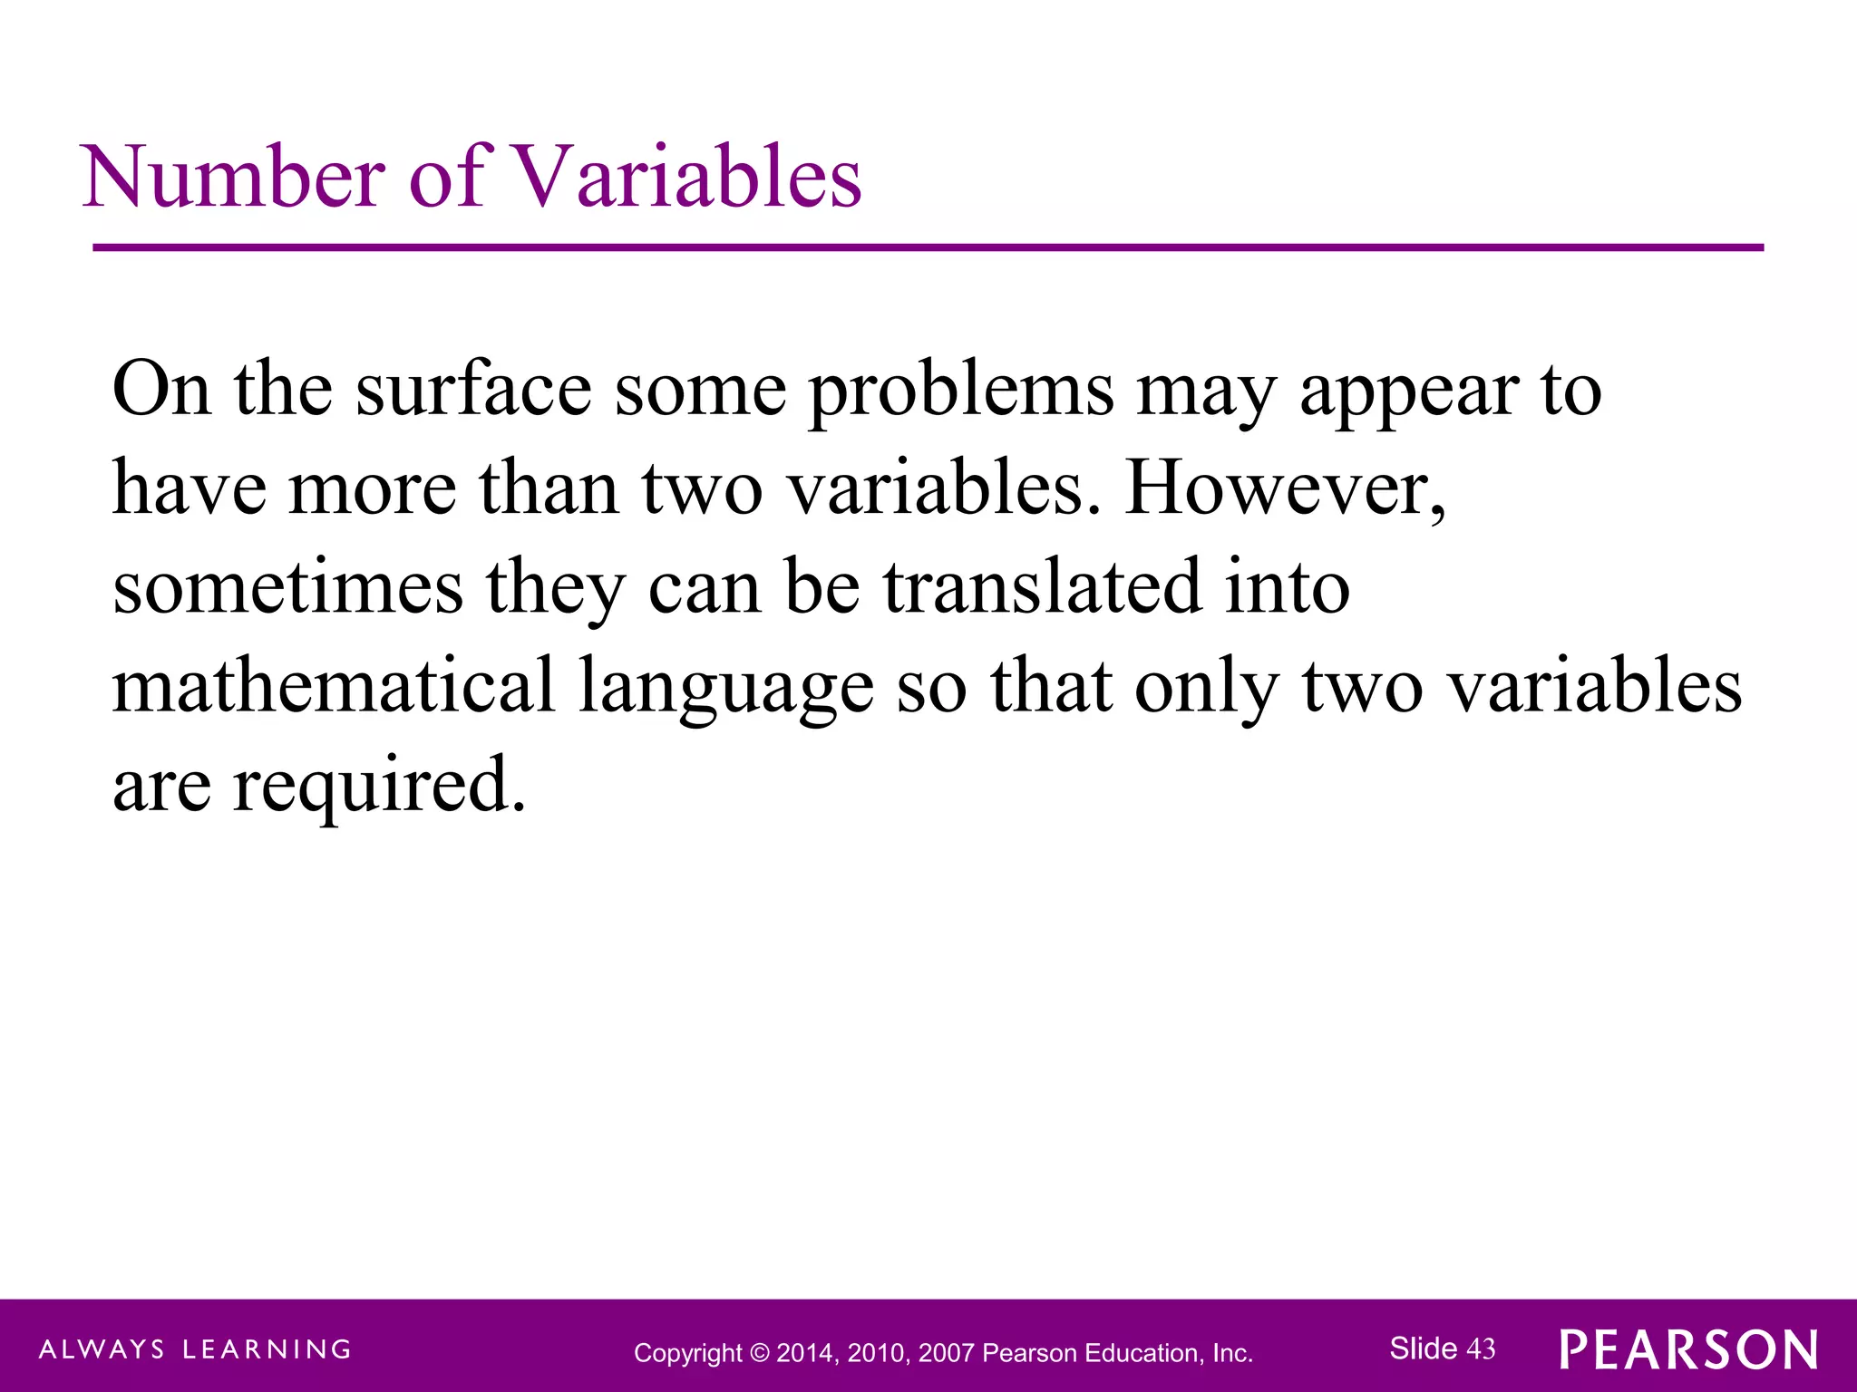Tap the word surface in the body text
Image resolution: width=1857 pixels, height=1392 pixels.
pyautogui.click(x=473, y=390)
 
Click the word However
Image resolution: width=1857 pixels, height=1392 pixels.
pyautogui.click(x=1284, y=489)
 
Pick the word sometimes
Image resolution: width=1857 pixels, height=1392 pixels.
pyautogui.click(x=287, y=587)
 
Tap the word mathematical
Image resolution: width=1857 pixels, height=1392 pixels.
pyautogui.click(x=333, y=685)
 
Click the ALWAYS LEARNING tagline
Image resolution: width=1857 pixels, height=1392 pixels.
pyautogui.click(x=195, y=1349)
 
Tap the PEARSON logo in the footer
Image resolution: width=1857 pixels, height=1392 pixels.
pyautogui.click(x=1688, y=1349)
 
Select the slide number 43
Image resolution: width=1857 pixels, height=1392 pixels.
pyautogui.click(x=1481, y=1349)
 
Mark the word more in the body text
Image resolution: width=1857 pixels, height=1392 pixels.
pyautogui.click(x=373, y=489)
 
